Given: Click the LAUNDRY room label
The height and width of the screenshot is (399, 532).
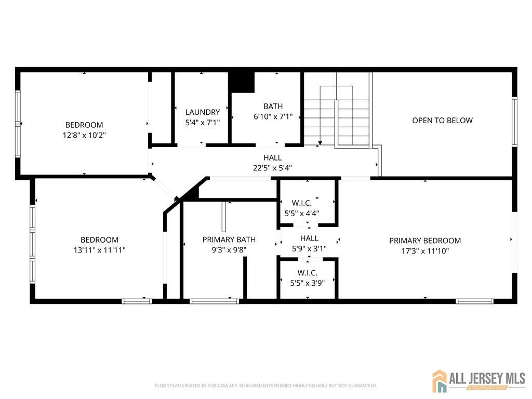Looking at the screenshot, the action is point(203,112).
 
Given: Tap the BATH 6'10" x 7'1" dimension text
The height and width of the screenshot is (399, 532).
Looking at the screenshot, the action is point(273,117).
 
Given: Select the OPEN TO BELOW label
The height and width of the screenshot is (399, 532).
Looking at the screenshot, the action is point(443,121).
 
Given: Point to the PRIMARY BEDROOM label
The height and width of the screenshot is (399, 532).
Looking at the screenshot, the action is point(425,241).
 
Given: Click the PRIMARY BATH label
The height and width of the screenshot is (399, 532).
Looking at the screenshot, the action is point(229,240).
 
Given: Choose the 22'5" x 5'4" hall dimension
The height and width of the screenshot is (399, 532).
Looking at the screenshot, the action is point(272,168).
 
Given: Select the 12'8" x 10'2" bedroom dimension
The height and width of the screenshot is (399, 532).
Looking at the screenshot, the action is point(84,136).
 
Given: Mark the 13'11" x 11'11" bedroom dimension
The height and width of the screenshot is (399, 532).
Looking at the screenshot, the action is point(99,250).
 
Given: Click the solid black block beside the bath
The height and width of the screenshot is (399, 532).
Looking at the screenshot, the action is point(241,82).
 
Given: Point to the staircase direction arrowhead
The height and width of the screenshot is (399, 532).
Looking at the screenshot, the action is point(320,143).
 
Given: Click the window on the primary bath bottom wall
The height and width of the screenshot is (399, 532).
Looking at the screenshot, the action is point(215,301).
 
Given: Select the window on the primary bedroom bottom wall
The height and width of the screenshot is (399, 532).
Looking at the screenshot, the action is point(474,301).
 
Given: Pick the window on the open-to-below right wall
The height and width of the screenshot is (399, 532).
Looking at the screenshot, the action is point(515,122).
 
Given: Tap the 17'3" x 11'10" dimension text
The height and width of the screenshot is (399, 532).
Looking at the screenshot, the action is point(425,251).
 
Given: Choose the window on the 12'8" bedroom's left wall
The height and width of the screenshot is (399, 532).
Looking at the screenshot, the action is point(18,124).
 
